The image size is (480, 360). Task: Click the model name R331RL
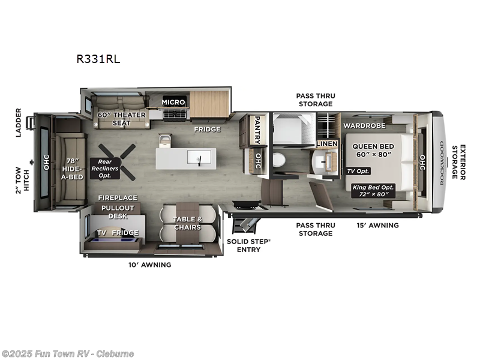click(94, 59)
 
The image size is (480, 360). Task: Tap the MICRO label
click(173, 102)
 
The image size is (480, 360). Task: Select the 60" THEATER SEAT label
click(121, 119)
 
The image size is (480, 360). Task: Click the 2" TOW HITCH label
click(22, 180)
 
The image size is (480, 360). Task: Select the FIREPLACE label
click(118, 197)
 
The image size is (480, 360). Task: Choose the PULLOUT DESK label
click(118, 212)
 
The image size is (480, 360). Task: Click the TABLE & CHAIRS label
click(187, 223)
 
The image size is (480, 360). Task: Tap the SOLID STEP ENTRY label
click(248, 245)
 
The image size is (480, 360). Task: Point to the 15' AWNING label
click(378, 225)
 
